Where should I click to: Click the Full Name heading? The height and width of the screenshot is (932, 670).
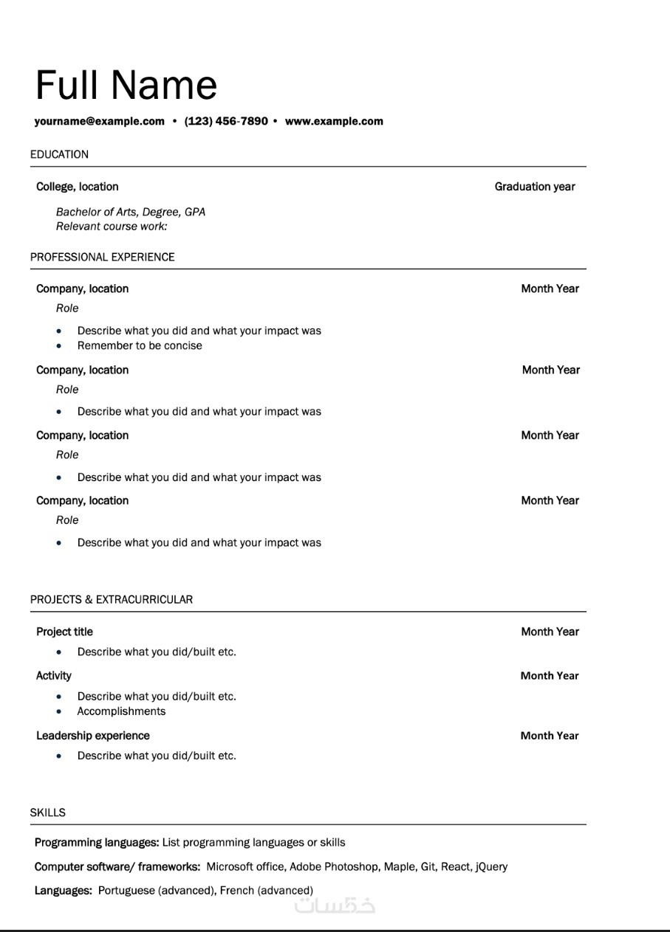tap(126, 86)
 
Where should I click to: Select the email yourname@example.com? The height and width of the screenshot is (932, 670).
tap(99, 121)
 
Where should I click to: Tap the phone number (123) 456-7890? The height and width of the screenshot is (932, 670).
tap(226, 121)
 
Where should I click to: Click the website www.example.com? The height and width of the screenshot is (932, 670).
tap(334, 121)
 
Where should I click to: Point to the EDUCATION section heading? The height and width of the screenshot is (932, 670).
tap(59, 154)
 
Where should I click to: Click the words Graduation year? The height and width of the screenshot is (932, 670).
tap(535, 187)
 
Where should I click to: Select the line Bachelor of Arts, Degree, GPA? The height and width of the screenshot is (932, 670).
tap(131, 212)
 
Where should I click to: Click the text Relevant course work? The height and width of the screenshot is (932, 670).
tap(112, 226)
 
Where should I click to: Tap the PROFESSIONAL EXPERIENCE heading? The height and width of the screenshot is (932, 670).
tap(103, 257)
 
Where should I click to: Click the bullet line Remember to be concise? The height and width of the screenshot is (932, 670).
tap(140, 345)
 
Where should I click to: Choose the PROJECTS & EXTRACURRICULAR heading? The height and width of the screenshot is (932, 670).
tap(112, 599)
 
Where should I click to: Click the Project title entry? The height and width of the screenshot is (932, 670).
tap(64, 632)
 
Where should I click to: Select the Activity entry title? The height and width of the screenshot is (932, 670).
tap(54, 675)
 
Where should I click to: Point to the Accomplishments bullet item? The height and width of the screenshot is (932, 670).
tap(121, 711)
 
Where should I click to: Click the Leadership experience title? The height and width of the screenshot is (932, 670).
tap(93, 736)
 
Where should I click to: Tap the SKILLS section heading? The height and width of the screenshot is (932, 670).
tap(48, 812)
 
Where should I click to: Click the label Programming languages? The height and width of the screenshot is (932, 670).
tap(97, 842)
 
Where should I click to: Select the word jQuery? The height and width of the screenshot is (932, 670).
tap(491, 866)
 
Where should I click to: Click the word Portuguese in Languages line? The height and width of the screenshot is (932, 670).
tap(126, 891)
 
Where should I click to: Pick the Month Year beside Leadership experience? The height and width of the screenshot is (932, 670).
tap(550, 736)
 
